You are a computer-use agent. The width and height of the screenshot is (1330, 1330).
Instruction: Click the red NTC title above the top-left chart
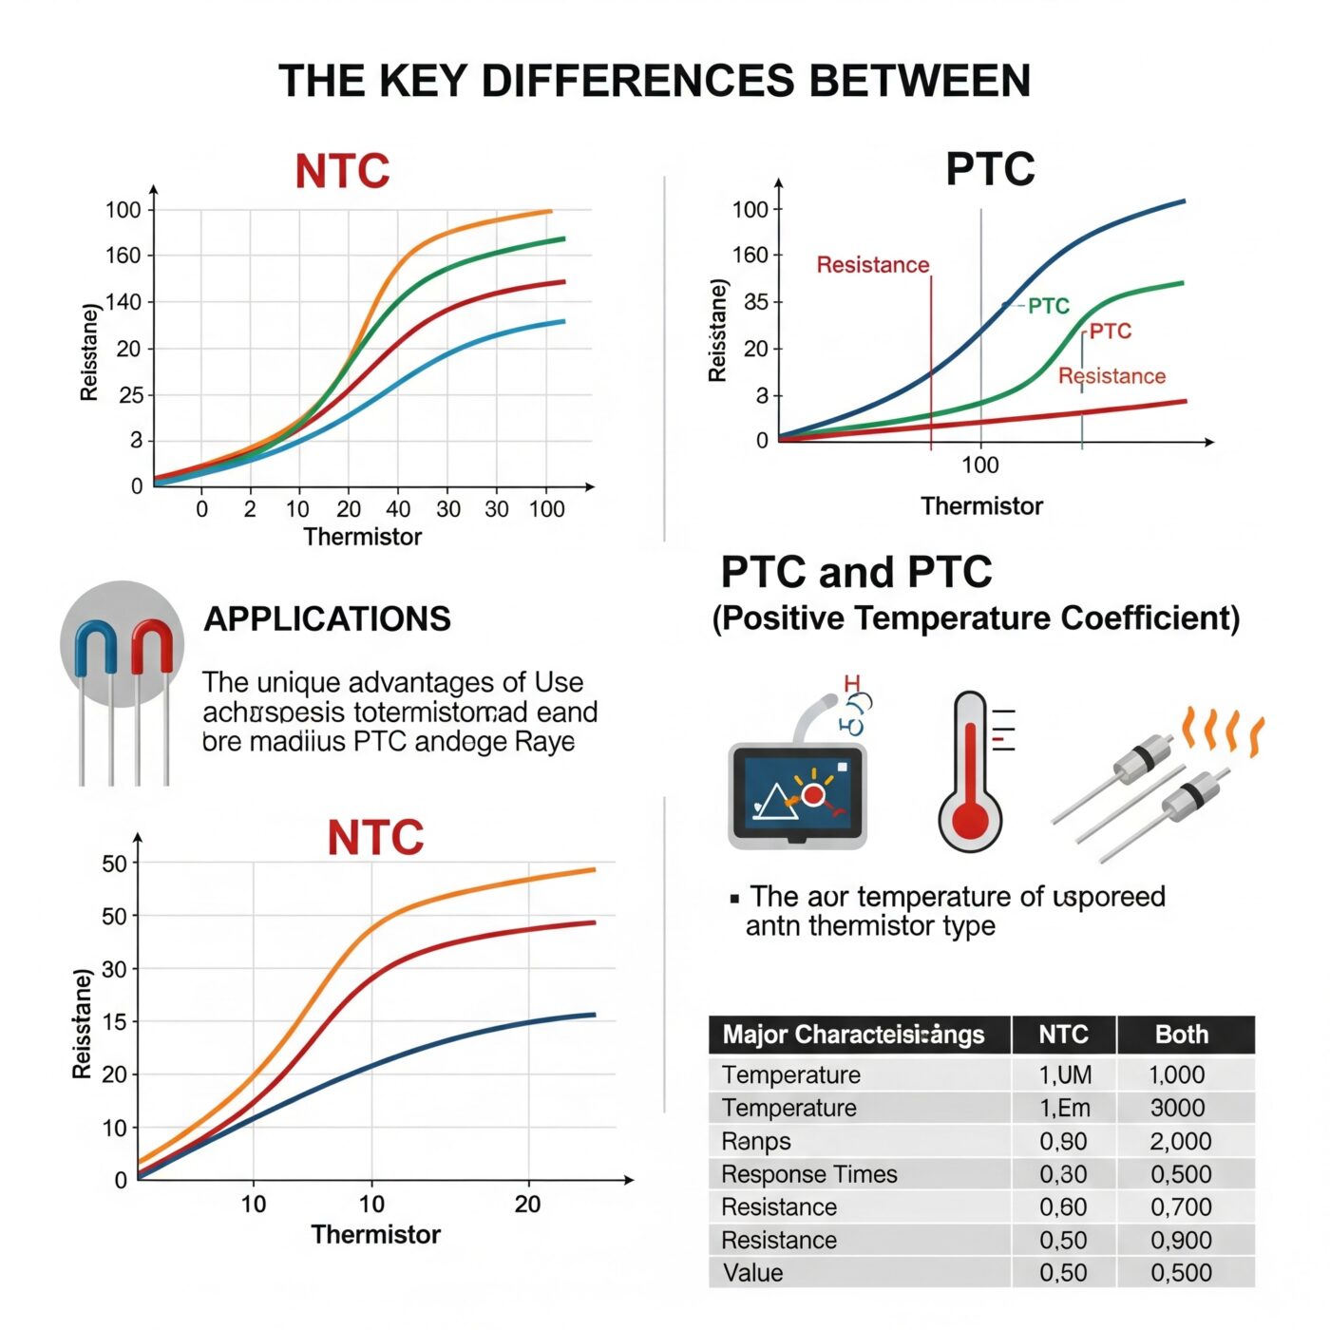point(342,172)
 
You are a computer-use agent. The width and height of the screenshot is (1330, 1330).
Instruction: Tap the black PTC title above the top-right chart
point(989,170)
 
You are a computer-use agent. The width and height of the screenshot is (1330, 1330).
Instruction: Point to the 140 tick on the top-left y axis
point(123,302)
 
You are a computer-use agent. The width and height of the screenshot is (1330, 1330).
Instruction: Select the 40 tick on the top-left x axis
point(398,509)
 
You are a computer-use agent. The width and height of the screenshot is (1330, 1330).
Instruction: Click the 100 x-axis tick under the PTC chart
point(979,465)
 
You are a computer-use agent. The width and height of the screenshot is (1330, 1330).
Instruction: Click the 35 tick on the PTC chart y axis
point(756,302)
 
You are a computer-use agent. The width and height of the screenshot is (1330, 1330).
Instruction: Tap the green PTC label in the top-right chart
point(1048,306)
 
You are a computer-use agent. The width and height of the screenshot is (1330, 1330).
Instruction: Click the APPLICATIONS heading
point(327,619)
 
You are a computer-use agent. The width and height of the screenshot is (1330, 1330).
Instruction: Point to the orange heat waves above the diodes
point(1223,731)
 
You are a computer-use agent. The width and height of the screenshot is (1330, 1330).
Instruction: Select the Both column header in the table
point(1181,1035)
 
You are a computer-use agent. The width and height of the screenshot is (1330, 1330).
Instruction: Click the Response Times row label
point(808,1174)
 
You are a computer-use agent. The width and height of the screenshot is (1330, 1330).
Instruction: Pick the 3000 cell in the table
point(1177,1109)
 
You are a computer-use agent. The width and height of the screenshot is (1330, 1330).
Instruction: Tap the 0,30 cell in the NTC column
point(1062,1174)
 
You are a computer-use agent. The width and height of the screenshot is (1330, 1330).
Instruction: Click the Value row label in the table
point(752,1273)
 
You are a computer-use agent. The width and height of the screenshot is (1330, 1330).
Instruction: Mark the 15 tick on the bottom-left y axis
point(114,1022)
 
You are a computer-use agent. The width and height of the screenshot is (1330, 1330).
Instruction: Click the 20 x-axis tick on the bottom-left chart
point(527,1205)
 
